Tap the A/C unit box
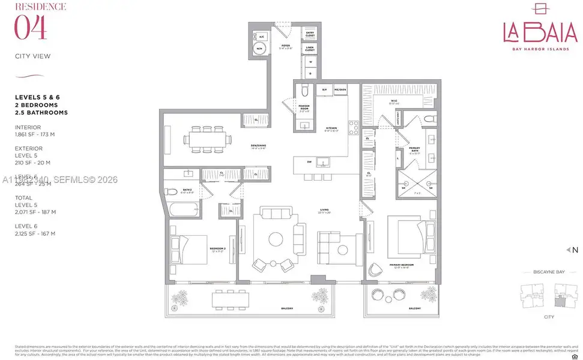coord(262,36)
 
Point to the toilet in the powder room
coord(304,91)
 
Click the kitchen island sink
coord(322,162)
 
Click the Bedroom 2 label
coord(217,248)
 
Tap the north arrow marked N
coord(572,250)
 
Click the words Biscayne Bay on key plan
coord(549,272)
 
